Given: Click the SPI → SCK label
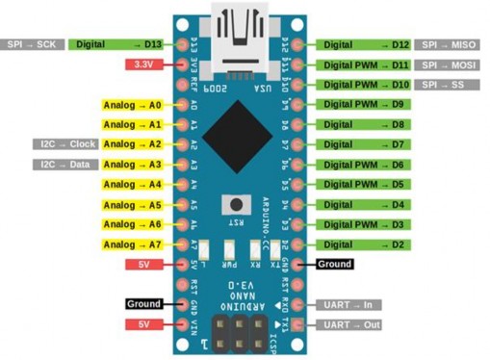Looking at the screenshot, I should pyautogui.click(x=34, y=44).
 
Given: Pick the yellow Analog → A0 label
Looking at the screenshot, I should pyautogui.click(x=132, y=104).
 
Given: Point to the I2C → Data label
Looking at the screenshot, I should pyautogui.click(x=65, y=165).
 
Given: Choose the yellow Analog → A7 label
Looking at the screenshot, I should pyautogui.click(x=132, y=244).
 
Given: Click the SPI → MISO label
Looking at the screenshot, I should pyautogui.click(x=450, y=44).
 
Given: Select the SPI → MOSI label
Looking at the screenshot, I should pyautogui.click(x=450, y=64).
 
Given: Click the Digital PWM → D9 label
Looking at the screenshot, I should pyautogui.click(x=365, y=104).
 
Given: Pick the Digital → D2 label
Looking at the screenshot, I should pyautogui.click(x=365, y=244).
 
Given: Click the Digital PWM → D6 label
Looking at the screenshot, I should pyautogui.click(x=365, y=165).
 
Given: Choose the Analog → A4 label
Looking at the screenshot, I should pyautogui.click(x=132, y=184).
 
